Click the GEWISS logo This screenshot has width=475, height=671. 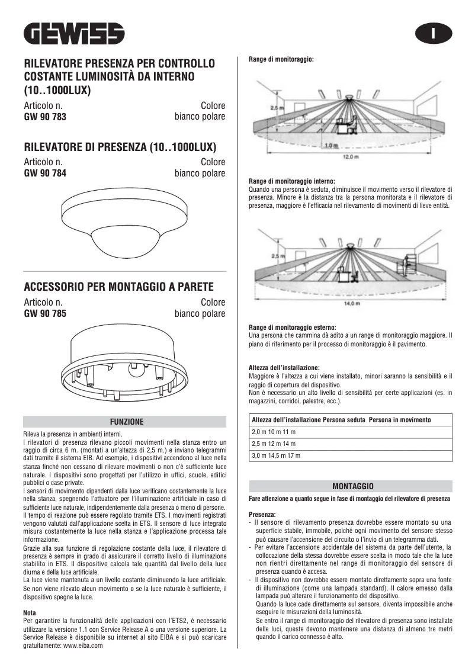pyautogui.click(x=74, y=34)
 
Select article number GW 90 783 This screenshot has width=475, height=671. pyautogui.click(x=45, y=117)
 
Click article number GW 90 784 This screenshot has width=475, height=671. pyautogui.click(x=45, y=174)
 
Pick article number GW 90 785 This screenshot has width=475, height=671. pyautogui.click(x=45, y=314)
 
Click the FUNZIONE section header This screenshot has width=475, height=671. pyautogui.click(x=124, y=422)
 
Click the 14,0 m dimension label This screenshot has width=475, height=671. pyautogui.click(x=352, y=304)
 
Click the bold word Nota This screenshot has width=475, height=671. pyautogui.click(x=30, y=612)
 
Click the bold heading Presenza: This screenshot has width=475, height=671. pyautogui.click(x=262, y=515)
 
